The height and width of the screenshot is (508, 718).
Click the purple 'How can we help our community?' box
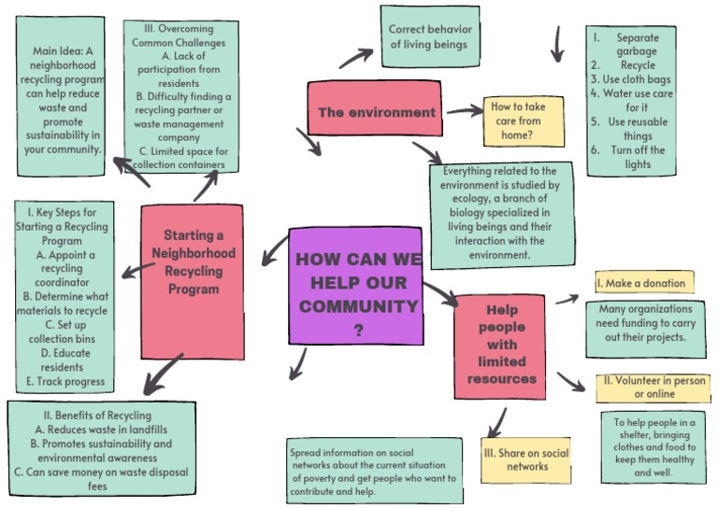[x=355, y=285]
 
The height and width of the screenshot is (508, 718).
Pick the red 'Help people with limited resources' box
[x=500, y=343]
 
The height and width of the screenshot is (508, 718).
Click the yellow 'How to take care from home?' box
[x=524, y=120]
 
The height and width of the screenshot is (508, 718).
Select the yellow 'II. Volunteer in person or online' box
[x=652, y=388]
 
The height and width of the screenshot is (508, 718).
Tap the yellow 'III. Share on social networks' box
[x=527, y=459]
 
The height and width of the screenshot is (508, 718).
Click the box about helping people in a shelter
[x=654, y=447]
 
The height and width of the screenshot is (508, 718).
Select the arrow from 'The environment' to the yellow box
[x=464, y=112]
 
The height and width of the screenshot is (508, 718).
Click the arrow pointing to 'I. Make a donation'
[x=567, y=299]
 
